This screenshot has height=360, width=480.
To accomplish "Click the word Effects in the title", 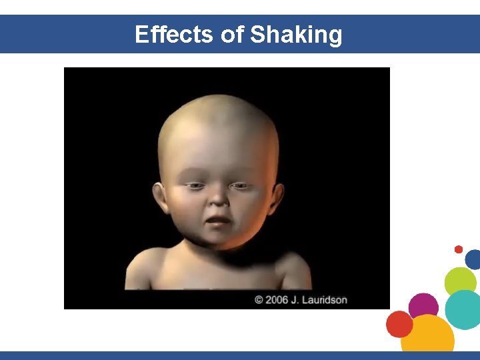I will point(175,34).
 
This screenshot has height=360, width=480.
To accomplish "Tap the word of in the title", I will point(232,34).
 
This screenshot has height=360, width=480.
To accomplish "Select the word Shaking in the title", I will point(296,34).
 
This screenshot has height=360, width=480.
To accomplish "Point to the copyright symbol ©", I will point(259,300).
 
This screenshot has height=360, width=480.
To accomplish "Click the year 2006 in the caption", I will point(277,300).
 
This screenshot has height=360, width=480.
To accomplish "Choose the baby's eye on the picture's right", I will point(240,185).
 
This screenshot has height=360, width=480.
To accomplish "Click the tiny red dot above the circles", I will point(459,249).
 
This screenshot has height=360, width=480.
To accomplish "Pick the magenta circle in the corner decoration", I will point(423,307).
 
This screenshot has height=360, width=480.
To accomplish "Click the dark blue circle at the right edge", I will point(473,259).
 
